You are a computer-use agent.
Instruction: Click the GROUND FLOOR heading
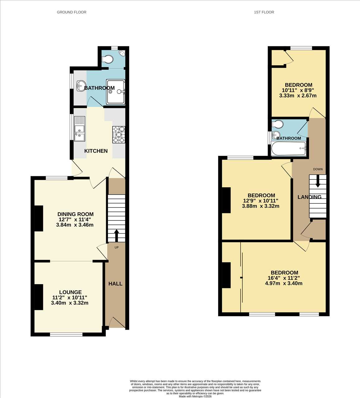tap(72, 12)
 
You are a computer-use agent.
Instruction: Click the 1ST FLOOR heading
tap(264, 12)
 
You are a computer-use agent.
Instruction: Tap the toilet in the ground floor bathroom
tap(107, 59)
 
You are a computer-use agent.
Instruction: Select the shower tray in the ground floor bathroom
tap(115, 92)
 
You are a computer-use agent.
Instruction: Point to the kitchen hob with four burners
tap(119, 135)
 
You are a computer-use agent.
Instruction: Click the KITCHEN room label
tap(96, 151)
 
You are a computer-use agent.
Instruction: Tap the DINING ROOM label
tap(76, 214)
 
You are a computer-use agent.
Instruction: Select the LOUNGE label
tap(70, 292)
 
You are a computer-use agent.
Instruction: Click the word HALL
tap(115, 284)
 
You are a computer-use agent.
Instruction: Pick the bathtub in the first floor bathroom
tap(288, 148)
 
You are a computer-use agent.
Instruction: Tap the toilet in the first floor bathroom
tap(278, 124)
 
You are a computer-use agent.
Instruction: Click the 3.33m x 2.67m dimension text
tap(298, 96)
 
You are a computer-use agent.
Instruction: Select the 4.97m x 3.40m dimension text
tap(284, 283)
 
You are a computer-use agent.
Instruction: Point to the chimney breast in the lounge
tap(39, 297)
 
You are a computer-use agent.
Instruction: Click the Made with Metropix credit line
tap(195, 396)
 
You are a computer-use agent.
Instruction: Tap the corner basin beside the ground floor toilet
tap(122, 53)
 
